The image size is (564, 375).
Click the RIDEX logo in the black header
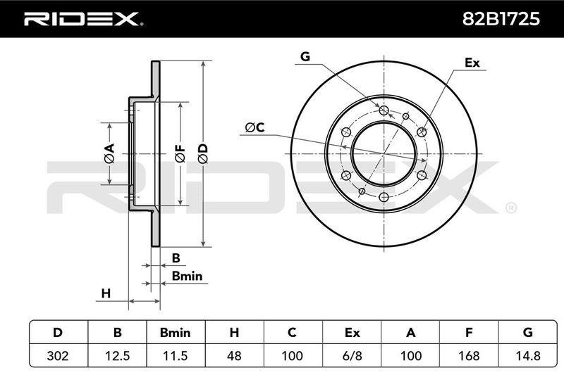(x=83, y=19)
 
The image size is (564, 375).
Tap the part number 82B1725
(x=501, y=19)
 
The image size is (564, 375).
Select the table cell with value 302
(x=58, y=355)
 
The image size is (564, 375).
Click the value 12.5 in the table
(x=117, y=355)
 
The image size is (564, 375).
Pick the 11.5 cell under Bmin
(x=176, y=355)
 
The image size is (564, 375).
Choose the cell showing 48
(x=234, y=355)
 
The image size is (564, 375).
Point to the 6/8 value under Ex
(x=352, y=355)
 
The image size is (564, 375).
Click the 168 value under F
(x=469, y=355)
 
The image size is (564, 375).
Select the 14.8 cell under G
(x=527, y=355)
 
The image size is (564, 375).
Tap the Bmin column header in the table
(x=175, y=333)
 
